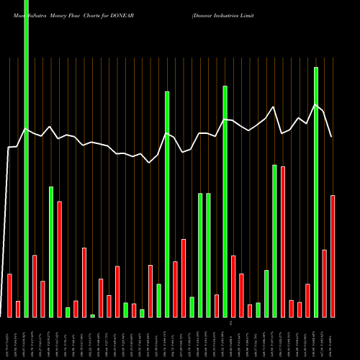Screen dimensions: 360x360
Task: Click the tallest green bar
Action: point(27,158)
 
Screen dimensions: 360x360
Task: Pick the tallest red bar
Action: point(283,242)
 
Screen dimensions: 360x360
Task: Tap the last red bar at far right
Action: point(333,256)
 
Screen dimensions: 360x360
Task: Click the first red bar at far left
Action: point(9,295)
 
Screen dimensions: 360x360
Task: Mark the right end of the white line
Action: point(331,137)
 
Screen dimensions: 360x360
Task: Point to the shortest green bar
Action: point(93,316)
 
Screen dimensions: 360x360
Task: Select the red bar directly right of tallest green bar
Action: point(35,287)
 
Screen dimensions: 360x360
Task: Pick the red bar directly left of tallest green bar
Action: point(18,309)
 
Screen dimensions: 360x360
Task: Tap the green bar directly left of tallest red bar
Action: point(274,241)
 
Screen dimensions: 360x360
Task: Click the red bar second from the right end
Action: point(324,284)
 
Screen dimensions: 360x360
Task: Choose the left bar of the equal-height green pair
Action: point(200,256)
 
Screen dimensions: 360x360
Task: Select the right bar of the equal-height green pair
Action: point(208,256)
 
